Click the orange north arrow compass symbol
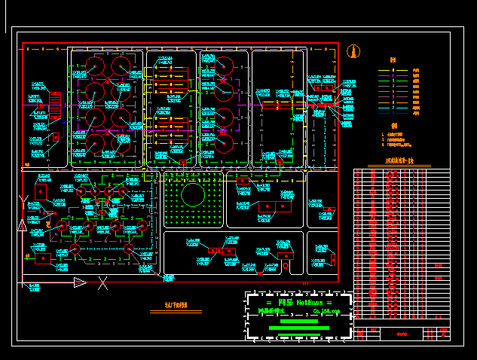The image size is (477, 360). (x=353, y=52)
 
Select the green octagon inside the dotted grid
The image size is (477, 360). (x=193, y=197)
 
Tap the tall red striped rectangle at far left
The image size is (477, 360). (x=55, y=101)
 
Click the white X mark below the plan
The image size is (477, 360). (x=102, y=283)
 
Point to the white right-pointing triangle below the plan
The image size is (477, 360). (x=79, y=282)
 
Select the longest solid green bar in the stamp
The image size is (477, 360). (x=299, y=328)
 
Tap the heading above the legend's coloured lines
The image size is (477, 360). (x=393, y=60)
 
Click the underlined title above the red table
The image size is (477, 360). (x=400, y=160)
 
